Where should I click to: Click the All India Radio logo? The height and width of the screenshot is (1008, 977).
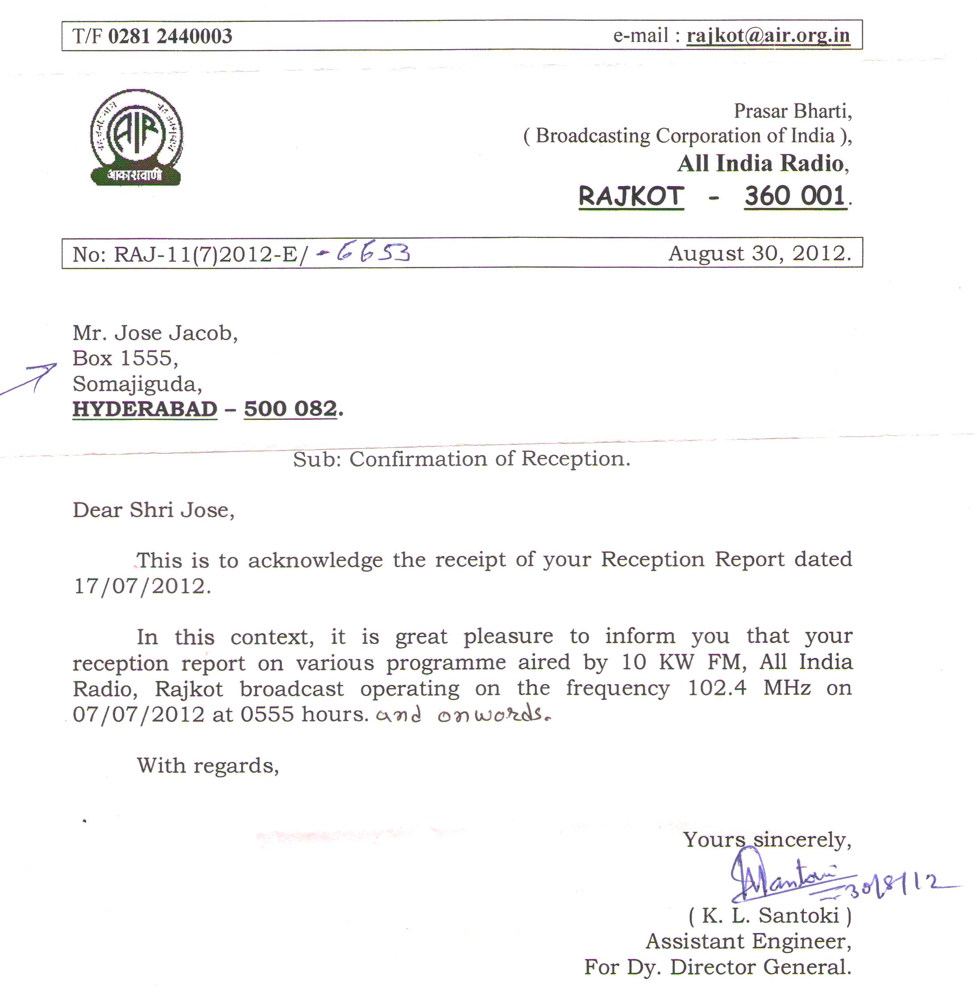pyautogui.click(x=136, y=137)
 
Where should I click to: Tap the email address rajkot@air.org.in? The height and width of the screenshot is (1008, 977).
pyautogui.click(x=768, y=36)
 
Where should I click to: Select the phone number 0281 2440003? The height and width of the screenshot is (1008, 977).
pyautogui.click(x=170, y=36)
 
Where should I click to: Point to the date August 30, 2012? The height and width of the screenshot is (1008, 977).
pyautogui.click(x=759, y=253)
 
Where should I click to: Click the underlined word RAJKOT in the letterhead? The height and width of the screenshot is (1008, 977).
pyautogui.click(x=631, y=196)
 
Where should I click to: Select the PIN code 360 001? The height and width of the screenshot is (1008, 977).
pyautogui.click(x=795, y=196)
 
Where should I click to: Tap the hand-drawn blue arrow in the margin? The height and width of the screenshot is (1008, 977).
pyautogui.click(x=31, y=379)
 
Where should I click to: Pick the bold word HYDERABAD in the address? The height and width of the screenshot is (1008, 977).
pyautogui.click(x=145, y=409)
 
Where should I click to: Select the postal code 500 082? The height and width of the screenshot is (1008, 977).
pyautogui.click(x=290, y=409)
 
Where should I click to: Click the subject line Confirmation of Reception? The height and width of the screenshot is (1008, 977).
pyautogui.click(x=489, y=459)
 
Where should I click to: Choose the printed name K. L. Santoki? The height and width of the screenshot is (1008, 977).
pyautogui.click(x=770, y=916)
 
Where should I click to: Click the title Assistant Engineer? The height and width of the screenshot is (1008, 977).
pyautogui.click(x=748, y=941)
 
